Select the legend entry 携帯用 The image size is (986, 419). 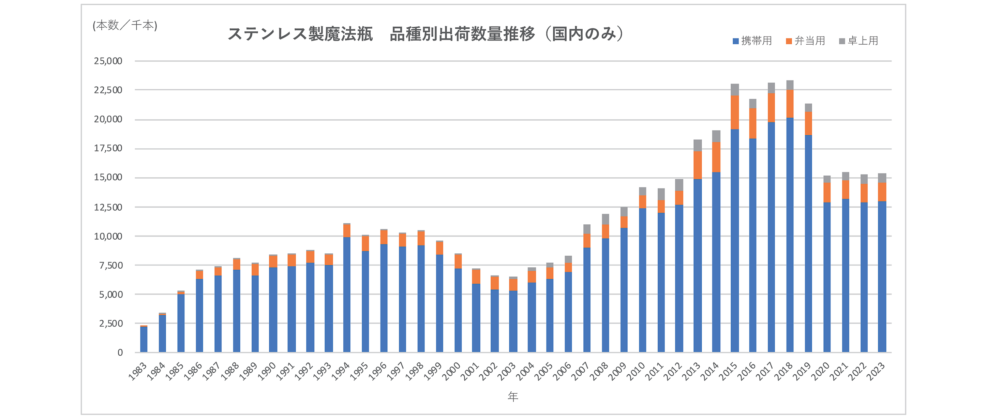752,41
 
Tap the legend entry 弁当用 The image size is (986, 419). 806,41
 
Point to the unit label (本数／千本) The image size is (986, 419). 125,26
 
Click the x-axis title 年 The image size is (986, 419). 513,396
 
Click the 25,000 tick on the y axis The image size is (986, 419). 108,61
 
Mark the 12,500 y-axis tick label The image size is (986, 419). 108,207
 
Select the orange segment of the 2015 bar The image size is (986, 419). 734,112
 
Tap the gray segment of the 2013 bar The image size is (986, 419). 698,146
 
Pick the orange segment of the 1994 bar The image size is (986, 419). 347,231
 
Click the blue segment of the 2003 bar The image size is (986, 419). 513,321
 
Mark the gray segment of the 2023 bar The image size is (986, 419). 882,178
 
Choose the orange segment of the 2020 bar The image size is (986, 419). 827,193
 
